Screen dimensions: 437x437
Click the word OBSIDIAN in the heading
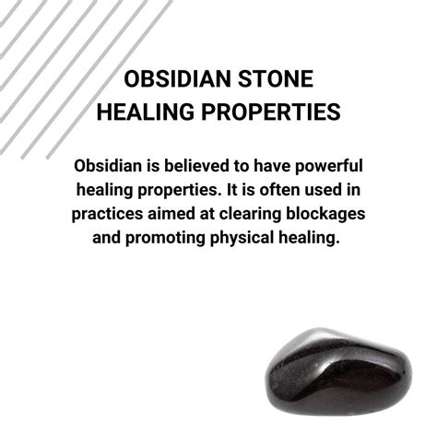177,79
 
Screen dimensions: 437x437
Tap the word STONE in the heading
276,79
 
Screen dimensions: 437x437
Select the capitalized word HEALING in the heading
146,112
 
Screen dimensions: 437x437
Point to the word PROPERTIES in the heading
271,112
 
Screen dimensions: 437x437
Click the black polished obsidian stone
338,372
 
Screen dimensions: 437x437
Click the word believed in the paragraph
196,166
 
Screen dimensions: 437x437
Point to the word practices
107,215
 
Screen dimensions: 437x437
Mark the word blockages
325,215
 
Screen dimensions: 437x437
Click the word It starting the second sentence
231,190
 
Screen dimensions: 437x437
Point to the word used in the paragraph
323,190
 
